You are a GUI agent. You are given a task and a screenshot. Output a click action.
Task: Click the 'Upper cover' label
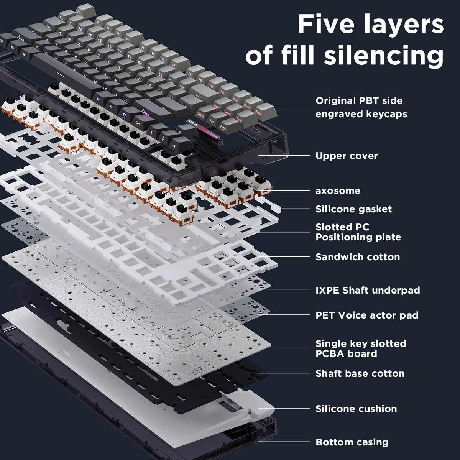pyautogui.click(x=346, y=156)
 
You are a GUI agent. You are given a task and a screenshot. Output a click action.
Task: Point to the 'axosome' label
pyautogui.click(x=338, y=191)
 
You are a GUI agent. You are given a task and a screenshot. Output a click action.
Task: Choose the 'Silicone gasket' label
pyautogui.click(x=353, y=209)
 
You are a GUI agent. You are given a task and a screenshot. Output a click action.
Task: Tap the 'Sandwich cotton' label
pyautogui.click(x=357, y=257)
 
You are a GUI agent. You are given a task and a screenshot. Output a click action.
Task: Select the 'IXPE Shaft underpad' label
pyautogui.click(x=367, y=291)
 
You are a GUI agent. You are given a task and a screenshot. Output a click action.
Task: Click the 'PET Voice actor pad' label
pyautogui.click(x=366, y=315)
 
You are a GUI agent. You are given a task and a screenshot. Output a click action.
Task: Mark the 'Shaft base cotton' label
pyautogui.click(x=360, y=373)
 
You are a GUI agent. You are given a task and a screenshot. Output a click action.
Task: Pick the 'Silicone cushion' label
pyautogui.click(x=356, y=409)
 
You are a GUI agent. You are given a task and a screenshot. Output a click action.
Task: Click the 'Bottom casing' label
pyautogui.click(x=352, y=442)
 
